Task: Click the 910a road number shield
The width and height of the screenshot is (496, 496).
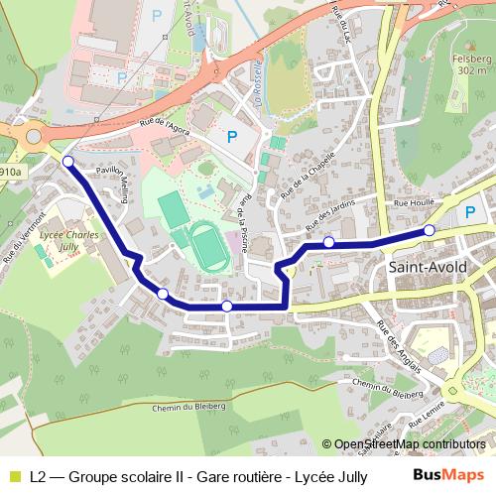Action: click(10, 172)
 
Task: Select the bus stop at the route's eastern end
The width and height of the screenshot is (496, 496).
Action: click(430, 230)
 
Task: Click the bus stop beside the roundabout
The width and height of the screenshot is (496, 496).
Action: click(67, 161)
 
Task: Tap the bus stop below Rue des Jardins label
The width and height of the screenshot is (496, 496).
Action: click(328, 242)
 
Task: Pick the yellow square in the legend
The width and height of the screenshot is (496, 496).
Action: click(15, 475)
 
